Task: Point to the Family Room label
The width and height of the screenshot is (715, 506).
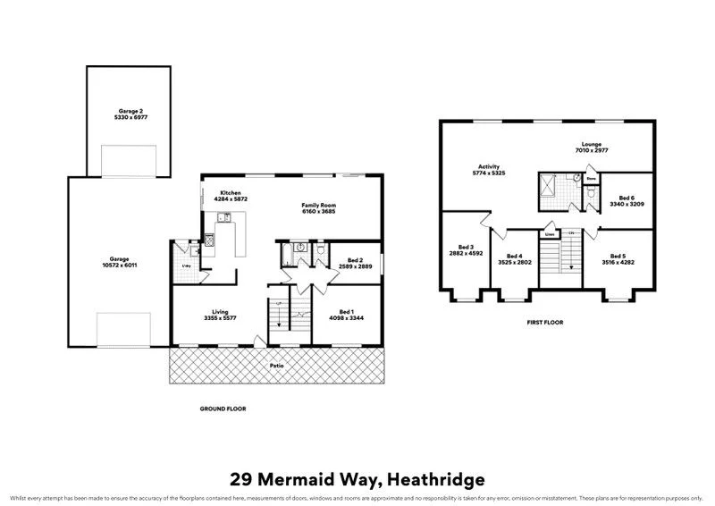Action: pos(317,205)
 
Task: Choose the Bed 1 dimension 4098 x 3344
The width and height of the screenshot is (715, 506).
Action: pos(344,318)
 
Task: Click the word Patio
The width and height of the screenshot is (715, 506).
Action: pos(278,365)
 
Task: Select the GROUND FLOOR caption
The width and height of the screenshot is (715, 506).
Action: pos(222,409)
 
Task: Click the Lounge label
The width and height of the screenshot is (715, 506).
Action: pos(591,143)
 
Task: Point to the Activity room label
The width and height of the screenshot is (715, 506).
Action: pos(488,166)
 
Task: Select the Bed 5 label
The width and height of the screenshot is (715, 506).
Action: pos(618,256)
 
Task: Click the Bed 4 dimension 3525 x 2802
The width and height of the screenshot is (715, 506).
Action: pos(515,262)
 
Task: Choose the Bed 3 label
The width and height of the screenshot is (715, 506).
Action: pos(466,247)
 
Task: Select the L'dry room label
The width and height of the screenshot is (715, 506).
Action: pos(187,266)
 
